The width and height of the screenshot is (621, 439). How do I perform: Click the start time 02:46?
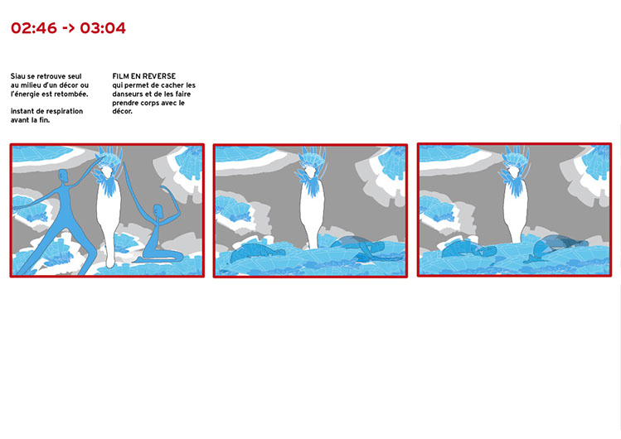pyautogui.click(x=34, y=28)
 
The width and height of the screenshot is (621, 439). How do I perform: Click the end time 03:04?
pyautogui.click(x=103, y=28)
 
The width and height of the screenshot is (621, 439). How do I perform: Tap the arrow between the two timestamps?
pyautogui.click(x=69, y=28)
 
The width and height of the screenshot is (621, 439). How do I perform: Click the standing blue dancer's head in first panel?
pyautogui.click(x=63, y=176)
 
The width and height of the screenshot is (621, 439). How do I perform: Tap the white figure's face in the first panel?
pyautogui.click(x=106, y=173)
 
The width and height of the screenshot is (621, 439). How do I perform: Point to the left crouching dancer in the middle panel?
pyautogui.click(x=257, y=253)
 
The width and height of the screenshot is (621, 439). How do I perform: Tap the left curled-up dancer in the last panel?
pyautogui.click(x=468, y=250)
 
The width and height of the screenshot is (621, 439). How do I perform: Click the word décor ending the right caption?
pyautogui.click(x=122, y=112)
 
